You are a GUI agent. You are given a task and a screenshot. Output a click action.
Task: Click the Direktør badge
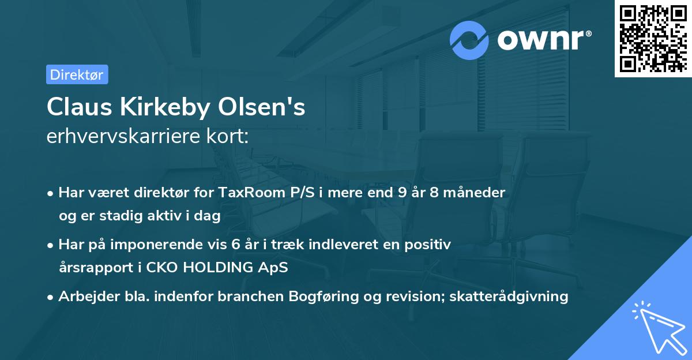tap(77, 74)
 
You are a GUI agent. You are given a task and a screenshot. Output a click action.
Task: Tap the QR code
tap(653, 38)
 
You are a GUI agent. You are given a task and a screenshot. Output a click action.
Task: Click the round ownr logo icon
tap(469, 40)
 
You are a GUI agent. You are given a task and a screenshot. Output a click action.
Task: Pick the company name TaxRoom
tap(250, 193)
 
